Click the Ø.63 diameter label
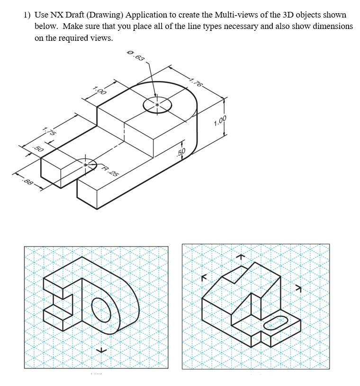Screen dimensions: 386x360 click(x=136, y=57)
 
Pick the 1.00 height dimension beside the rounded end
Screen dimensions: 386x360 click(x=220, y=121)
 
